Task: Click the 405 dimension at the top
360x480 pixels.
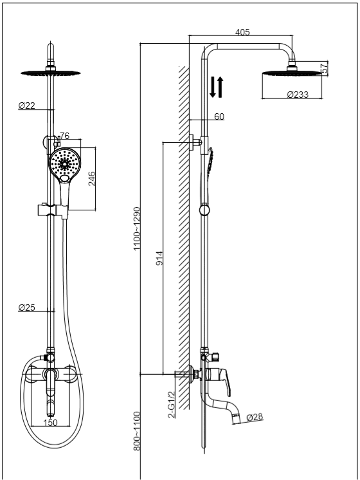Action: point(242,32)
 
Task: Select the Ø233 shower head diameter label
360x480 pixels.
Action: point(298,95)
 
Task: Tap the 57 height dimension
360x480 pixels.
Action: point(325,68)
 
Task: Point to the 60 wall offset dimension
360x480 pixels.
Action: point(219,116)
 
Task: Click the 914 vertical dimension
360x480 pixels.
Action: point(159,258)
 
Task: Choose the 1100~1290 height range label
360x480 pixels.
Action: point(137,228)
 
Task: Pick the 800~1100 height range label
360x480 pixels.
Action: point(137,431)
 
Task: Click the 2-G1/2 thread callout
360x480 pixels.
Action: point(172,405)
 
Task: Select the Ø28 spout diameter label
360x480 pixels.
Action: point(255,417)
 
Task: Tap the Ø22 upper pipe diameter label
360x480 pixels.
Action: point(27,106)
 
